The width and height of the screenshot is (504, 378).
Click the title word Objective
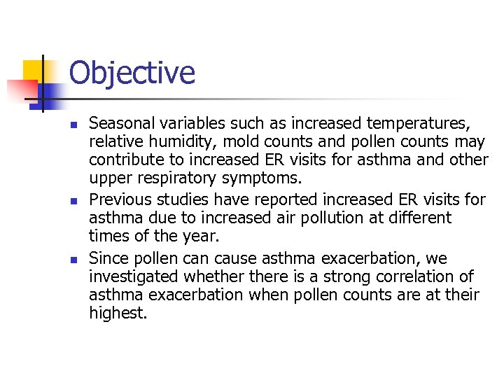pos(132,73)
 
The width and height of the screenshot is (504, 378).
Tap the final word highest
pos(118,314)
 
